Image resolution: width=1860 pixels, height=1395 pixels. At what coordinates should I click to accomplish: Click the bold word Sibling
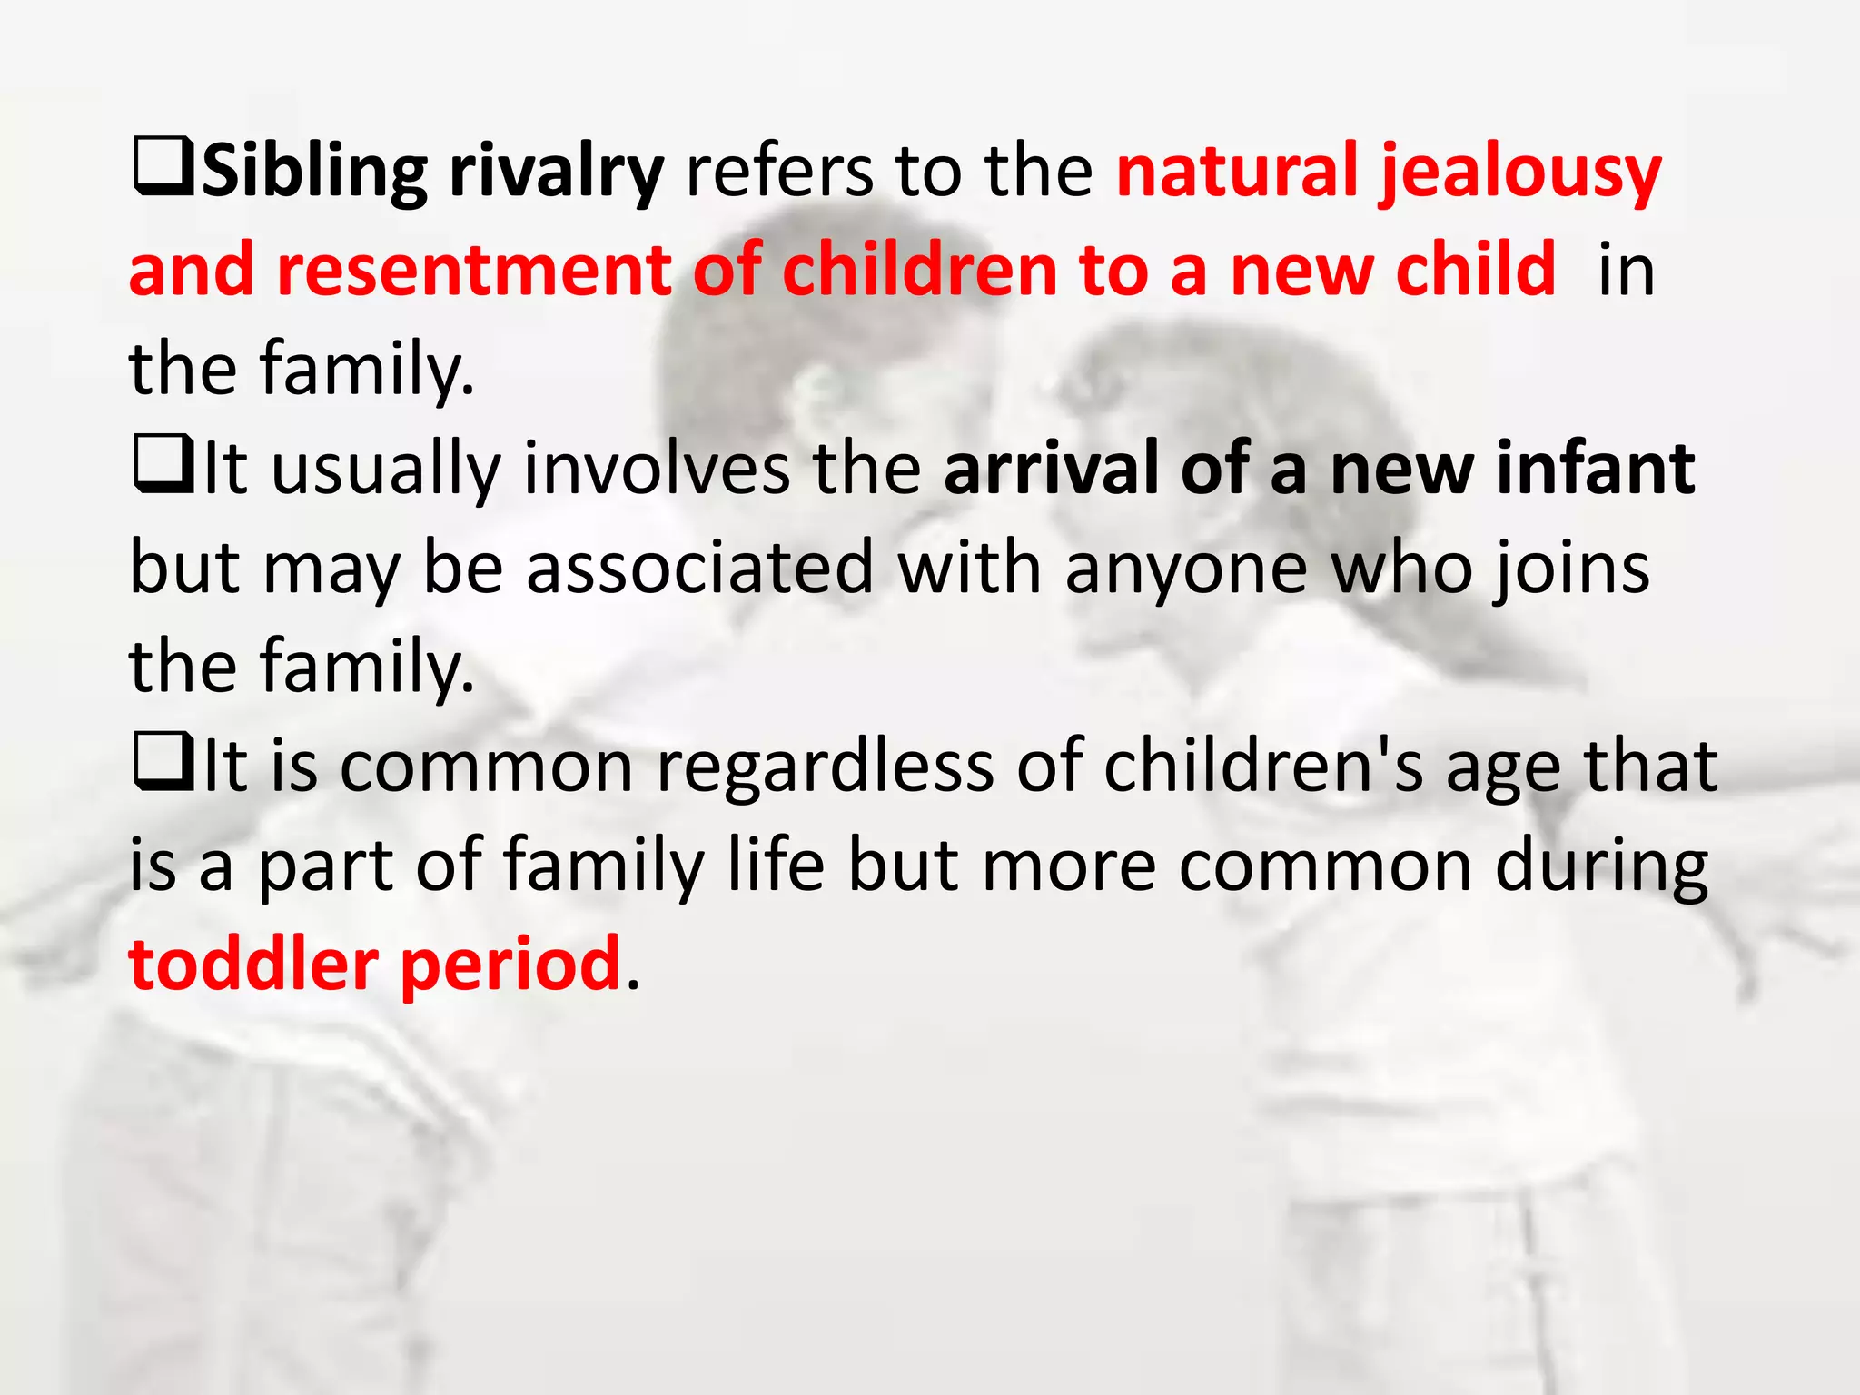tap(314, 173)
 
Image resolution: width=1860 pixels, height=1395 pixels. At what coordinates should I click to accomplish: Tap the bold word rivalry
tap(557, 173)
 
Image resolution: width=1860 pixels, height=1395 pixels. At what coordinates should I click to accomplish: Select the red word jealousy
tap(1521, 173)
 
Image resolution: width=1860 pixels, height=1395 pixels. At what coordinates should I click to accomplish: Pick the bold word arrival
tap(1052, 469)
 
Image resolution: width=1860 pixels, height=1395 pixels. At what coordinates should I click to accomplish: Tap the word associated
tap(699, 569)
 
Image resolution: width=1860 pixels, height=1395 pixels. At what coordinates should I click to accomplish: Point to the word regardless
tap(825, 768)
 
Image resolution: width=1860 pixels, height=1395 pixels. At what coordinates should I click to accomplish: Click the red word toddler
tap(253, 965)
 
